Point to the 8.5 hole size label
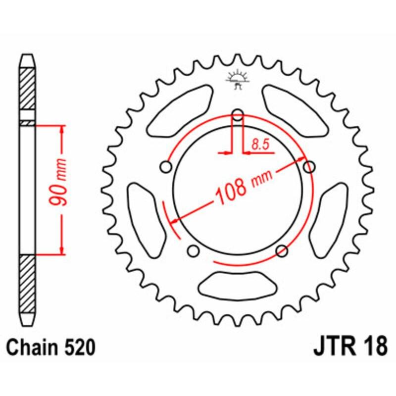(260, 145)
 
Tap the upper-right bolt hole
(309, 167)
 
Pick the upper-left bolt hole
(166, 168)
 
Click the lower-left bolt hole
(194, 251)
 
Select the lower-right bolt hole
(282, 250)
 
